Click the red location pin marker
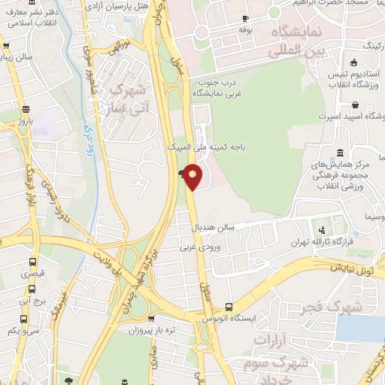[193, 177]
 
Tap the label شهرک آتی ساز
[129, 100]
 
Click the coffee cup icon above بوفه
[246, 18]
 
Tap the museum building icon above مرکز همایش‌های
[341, 153]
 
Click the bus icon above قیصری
[32, 262]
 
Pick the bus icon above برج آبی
[32, 289]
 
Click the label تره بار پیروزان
[150, 329]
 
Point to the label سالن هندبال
[214, 226]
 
